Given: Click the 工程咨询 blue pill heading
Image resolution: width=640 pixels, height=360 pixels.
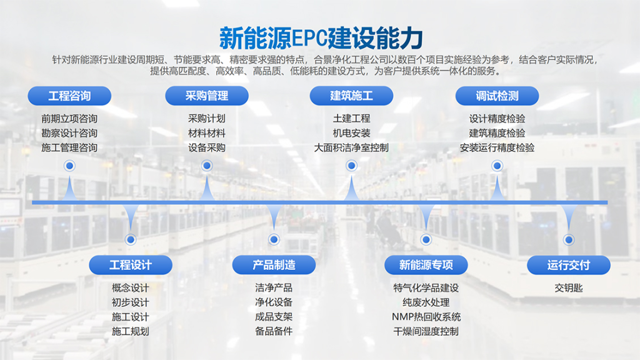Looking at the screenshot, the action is [69, 96].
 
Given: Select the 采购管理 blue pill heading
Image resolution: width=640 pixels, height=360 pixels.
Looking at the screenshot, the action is [207, 96].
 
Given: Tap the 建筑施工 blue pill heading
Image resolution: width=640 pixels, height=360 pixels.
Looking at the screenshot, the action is [351, 96].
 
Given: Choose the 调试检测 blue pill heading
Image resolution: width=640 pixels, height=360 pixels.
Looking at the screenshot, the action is [497, 96].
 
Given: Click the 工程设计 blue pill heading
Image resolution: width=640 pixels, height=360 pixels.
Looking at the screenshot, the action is [131, 265].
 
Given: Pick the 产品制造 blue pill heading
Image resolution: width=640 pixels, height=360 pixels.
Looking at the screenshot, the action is [274, 265].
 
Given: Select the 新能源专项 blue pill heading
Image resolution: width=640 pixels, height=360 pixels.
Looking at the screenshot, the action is [426, 265].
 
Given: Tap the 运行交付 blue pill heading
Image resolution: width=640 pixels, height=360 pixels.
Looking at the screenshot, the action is [569, 265].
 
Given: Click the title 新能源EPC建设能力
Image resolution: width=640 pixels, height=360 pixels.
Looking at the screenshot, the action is [321, 38].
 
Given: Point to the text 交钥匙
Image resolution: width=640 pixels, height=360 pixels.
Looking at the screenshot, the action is [569, 287].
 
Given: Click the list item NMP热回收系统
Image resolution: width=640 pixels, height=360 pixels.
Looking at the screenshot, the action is [426, 317].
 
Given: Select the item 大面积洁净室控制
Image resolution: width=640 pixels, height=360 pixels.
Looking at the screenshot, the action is [351, 147].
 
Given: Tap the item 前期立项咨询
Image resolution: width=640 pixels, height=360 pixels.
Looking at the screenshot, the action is [69, 118].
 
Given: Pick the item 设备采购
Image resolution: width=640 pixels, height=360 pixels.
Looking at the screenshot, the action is [207, 147].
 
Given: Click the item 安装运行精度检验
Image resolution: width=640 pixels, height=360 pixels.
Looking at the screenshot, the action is [497, 147].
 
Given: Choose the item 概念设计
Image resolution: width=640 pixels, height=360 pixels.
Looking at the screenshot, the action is [131, 287].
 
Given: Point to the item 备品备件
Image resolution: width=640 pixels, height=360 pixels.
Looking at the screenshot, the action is [274, 331].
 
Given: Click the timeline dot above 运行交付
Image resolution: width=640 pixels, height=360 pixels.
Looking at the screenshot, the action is [569, 239].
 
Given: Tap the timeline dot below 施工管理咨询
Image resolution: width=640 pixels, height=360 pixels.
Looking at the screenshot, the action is [70, 166].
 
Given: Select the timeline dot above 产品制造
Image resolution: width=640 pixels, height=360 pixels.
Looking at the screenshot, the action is [274, 239].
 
